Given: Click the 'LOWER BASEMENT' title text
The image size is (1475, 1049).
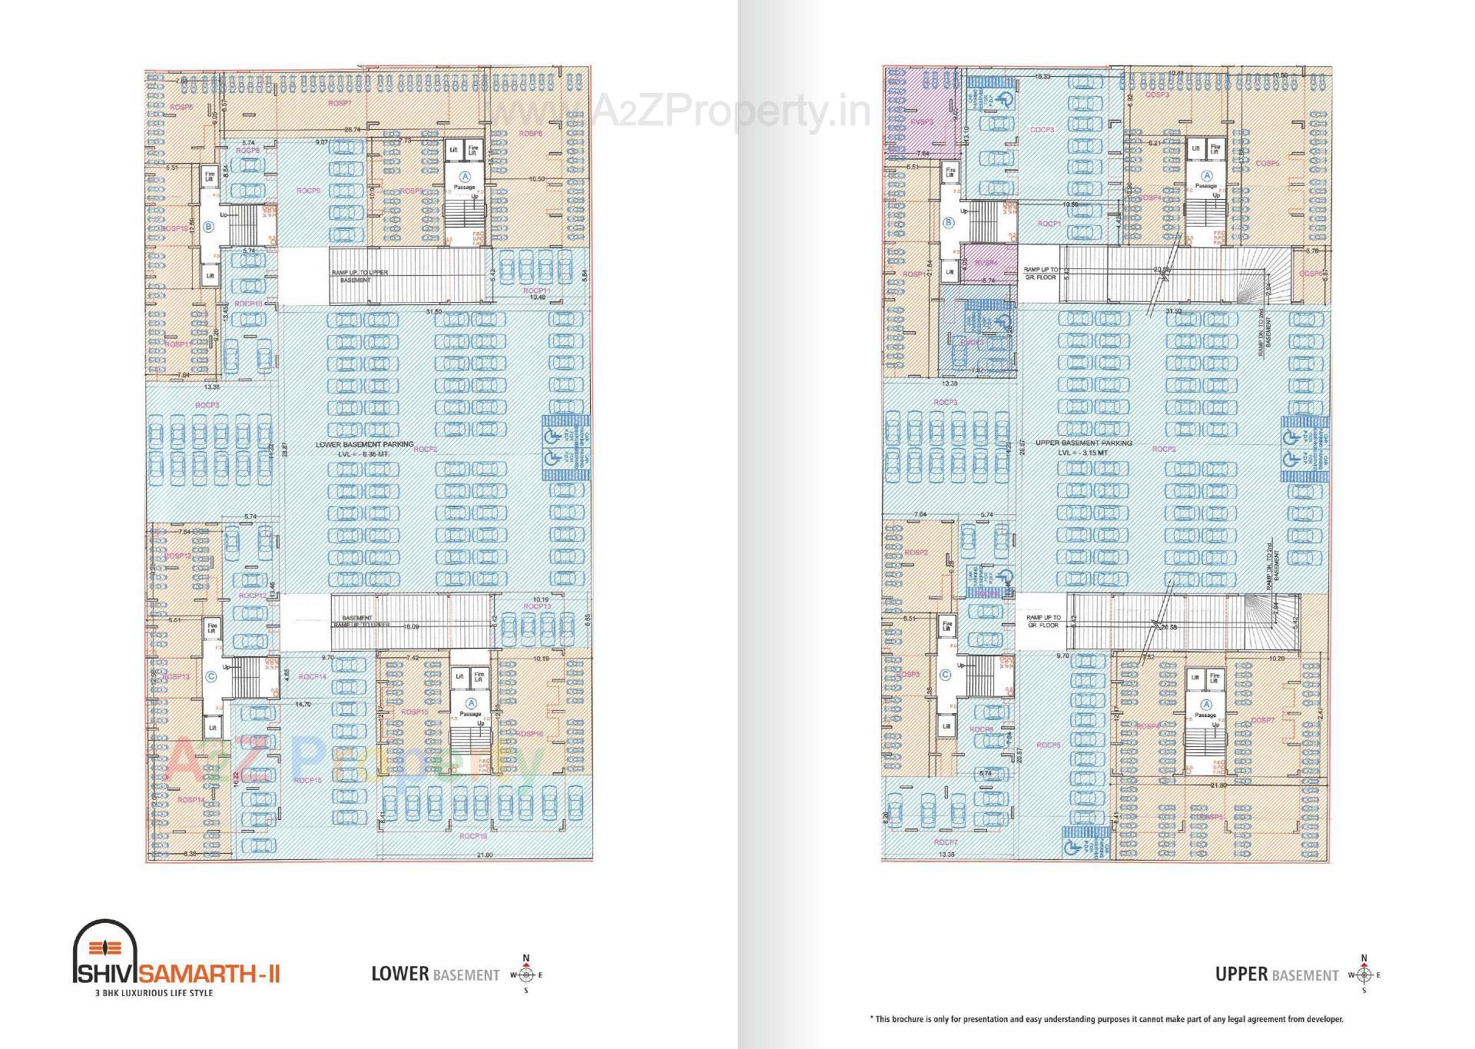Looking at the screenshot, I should (x=435, y=974).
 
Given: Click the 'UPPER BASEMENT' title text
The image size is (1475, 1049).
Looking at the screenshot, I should (x=1276, y=974).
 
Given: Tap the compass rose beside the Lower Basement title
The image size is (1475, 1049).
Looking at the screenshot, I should (x=526, y=974).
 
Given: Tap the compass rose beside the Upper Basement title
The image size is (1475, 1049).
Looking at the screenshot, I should (x=1364, y=974).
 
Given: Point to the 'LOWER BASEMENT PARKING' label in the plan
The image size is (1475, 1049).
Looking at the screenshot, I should (x=364, y=444).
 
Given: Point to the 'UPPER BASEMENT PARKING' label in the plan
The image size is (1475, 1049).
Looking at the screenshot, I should (x=1083, y=443).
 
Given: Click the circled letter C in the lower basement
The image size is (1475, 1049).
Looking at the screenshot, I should (x=210, y=676).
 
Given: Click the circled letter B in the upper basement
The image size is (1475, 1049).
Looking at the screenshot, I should (x=948, y=223).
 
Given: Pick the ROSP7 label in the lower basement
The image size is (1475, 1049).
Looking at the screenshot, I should (x=340, y=102).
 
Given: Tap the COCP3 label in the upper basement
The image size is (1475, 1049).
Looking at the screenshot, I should (x=1042, y=130).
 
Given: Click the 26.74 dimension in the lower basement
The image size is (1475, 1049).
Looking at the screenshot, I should (x=353, y=129).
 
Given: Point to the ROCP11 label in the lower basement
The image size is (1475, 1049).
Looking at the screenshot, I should (x=535, y=290).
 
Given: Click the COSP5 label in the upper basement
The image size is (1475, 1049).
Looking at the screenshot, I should (x=1268, y=163).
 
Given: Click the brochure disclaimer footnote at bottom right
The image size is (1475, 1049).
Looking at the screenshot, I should (x=1106, y=1019).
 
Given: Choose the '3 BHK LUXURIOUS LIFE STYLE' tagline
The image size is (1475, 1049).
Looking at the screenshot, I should (x=153, y=992).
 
